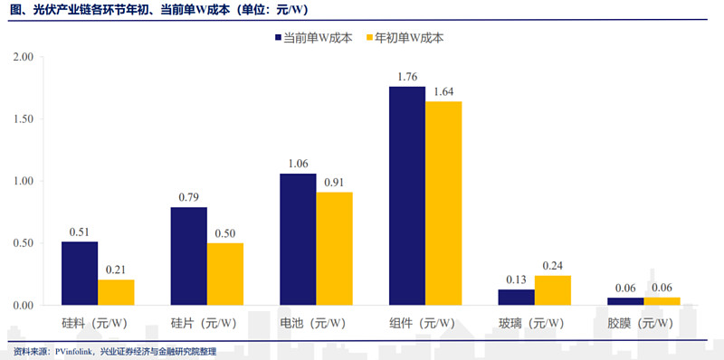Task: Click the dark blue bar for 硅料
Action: [80, 273]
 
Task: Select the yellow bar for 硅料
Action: [116, 292]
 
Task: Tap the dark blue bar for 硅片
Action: [188, 256]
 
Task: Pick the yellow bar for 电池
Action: [334, 249]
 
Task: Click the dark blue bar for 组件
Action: [407, 195]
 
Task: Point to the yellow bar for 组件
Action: [443, 203]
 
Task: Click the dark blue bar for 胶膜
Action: [625, 301]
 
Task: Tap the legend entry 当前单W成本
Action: [315, 38]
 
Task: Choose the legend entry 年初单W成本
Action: [405, 38]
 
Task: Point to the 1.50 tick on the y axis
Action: [22, 118]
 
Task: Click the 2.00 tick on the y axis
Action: [22, 57]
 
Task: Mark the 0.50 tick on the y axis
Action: [22, 243]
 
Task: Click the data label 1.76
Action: [407, 77]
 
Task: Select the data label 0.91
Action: [334, 183]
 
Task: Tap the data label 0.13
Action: [517, 279]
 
